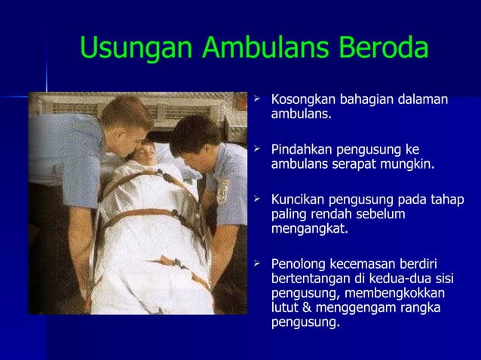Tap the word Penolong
[x=297, y=264]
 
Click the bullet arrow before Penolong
[x=258, y=263]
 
